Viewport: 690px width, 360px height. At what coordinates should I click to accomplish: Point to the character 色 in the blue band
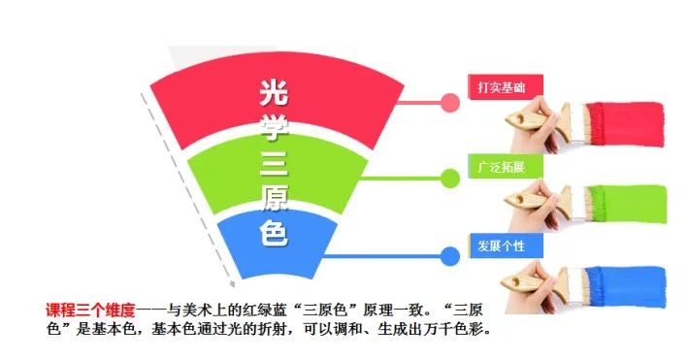[x=276, y=233]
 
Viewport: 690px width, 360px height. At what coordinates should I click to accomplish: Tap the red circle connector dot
[x=450, y=101]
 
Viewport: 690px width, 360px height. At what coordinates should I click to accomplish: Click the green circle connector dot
[x=449, y=178]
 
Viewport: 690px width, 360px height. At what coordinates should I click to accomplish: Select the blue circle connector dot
[x=449, y=256]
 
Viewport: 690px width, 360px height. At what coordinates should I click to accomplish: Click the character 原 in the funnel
[x=276, y=199]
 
